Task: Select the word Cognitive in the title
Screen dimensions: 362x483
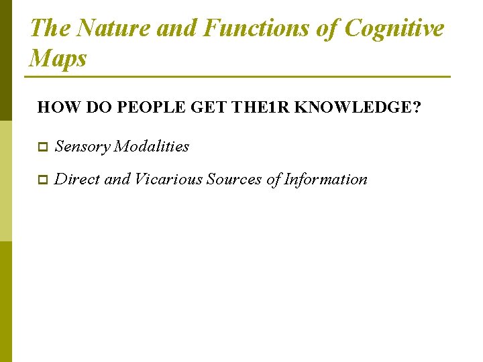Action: pyautogui.click(x=394, y=28)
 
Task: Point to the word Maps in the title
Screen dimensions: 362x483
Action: pyautogui.click(x=58, y=58)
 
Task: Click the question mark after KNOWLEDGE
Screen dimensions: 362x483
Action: pyautogui.click(x=417, y=107)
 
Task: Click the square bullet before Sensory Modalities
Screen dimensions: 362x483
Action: pyautogui.click(x=42, y=147)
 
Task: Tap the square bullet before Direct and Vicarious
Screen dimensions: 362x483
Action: pyautogui.click(x=42, y=180)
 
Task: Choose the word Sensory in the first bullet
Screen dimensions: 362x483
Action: pyautogui.click(x=82, y=146)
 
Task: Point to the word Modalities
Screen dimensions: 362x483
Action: pyautogui.click(x=152, y=146)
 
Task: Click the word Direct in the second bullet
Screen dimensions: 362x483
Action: pyautogui.click(x=77, y=179)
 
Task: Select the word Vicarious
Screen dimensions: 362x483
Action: pyautogui.click(x=169, y=179)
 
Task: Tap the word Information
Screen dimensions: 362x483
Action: pyautogui.click(x=325, y=179)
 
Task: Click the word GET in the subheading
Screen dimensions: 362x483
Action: pyautogui.click(x=209, y=107)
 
